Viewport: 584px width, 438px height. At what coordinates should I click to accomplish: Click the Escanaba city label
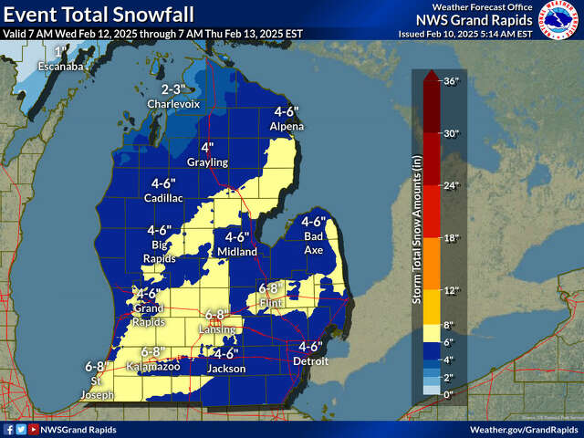click(60, 67)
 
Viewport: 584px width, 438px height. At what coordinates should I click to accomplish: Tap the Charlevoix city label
click(172, 105)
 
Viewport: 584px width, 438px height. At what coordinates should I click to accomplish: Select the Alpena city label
click(286, 127)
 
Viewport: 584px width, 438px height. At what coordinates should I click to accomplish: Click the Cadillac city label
click(163, 197)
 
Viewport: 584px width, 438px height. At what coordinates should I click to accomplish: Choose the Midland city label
click(236, 251)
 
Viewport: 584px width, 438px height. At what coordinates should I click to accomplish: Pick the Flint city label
click(271, 303)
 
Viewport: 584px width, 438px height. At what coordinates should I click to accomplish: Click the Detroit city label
click(310, 361)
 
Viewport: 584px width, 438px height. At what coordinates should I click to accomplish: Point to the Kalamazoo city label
click(153, 366)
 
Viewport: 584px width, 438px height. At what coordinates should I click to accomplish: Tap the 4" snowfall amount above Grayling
click(207, 147)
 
